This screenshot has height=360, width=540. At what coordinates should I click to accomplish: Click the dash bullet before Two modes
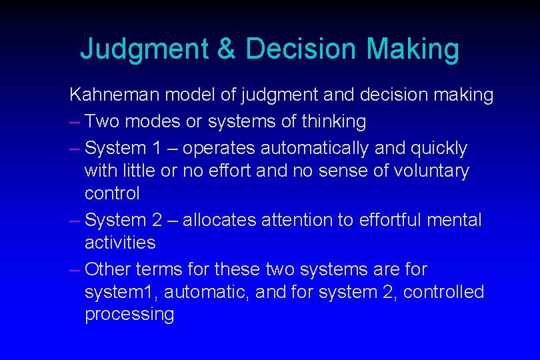click(x=75, y=121)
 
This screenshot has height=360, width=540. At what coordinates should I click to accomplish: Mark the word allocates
click(x=219, y=220)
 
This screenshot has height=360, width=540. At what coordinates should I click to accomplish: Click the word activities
click(x=120, y=243)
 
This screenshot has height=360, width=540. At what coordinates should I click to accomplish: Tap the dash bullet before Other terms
click(x=75, y=269)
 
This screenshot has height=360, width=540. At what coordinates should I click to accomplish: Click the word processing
click(x=129, y=315)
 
